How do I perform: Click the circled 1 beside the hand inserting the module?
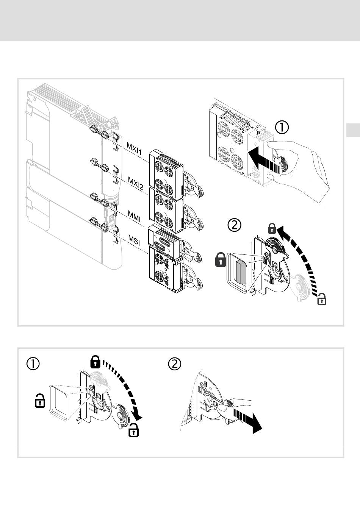click(x=282, y=127)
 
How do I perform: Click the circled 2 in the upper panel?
click(x=234, y=226)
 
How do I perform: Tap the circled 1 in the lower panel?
click(x=33, y=364)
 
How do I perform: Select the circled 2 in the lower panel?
click(x=175, y=364)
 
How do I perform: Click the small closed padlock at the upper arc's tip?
click(x=271, y=229)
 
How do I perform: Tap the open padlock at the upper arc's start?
click(x=321, y=299)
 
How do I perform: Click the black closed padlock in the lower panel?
click(x=95, y=362)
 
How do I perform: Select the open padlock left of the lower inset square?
click(x=40, y=401)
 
